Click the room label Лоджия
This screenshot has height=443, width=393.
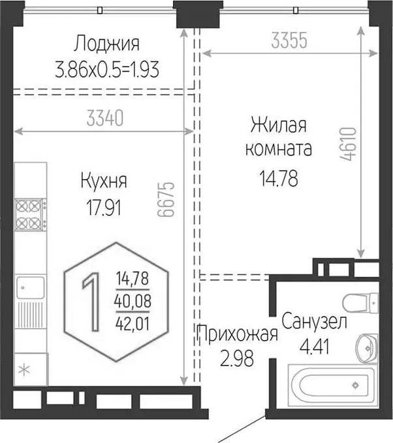[107, 44]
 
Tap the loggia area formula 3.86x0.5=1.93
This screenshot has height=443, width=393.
[107, 69]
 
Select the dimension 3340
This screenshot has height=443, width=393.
[104, 118]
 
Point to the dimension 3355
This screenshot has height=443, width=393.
[289, 40]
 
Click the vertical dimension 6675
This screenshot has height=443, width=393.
[166, 199]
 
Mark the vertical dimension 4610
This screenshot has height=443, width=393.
[348, 144]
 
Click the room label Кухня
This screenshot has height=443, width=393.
[104, 180]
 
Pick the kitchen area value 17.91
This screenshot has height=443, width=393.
[104, 207]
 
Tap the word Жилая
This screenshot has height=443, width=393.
[279, 125]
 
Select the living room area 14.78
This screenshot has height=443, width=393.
[279, 179]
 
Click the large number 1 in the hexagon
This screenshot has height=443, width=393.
[91, 302]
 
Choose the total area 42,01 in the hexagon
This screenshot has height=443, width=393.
[133, 324]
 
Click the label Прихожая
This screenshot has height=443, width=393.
[237, 334]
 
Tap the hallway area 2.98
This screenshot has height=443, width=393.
[237, 358]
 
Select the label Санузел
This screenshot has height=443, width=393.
[314, 321]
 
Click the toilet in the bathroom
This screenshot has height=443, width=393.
[360, 303]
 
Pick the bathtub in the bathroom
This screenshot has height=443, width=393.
[333, 386]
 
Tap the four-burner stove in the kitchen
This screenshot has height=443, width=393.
[31, 215]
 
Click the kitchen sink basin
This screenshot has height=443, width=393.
[30, 287]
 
